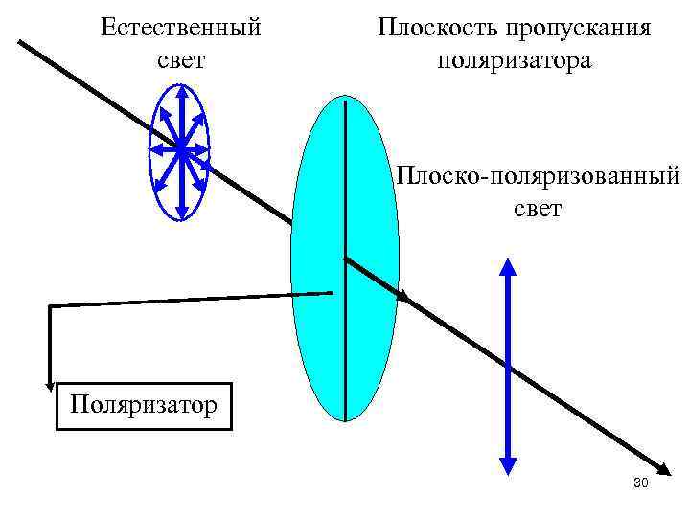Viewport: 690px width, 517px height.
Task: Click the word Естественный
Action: click(181, 28)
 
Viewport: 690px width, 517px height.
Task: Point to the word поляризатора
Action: click(515, 61)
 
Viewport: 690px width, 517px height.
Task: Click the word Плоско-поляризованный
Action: click(538, 176)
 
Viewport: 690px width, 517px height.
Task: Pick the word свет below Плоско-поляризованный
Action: click(538, 208)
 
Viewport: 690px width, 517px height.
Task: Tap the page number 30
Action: click(641, 483)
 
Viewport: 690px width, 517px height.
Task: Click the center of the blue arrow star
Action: click(180, 148)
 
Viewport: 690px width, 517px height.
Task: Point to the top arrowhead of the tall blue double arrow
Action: click(509, 263)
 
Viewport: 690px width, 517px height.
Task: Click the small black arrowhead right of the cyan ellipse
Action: click(403, 297)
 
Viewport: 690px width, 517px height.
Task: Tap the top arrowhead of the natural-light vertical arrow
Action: click(180, 92)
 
